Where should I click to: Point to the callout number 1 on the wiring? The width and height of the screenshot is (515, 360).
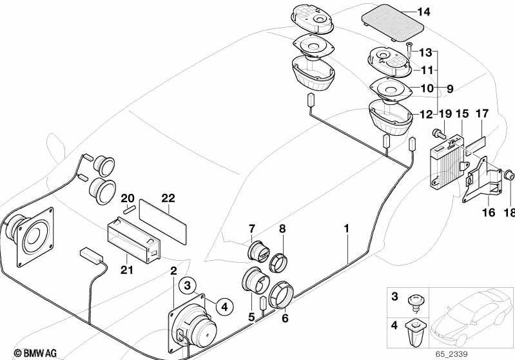pyautogui.click(x=346, y=228)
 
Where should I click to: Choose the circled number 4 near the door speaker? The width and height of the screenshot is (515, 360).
pyautogui.click(x=223, y=307)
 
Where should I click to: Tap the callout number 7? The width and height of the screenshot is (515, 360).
pyautogui.click(x=252, y=229)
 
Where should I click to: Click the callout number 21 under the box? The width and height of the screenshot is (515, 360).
pyautogui.click(x=127, y=269)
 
